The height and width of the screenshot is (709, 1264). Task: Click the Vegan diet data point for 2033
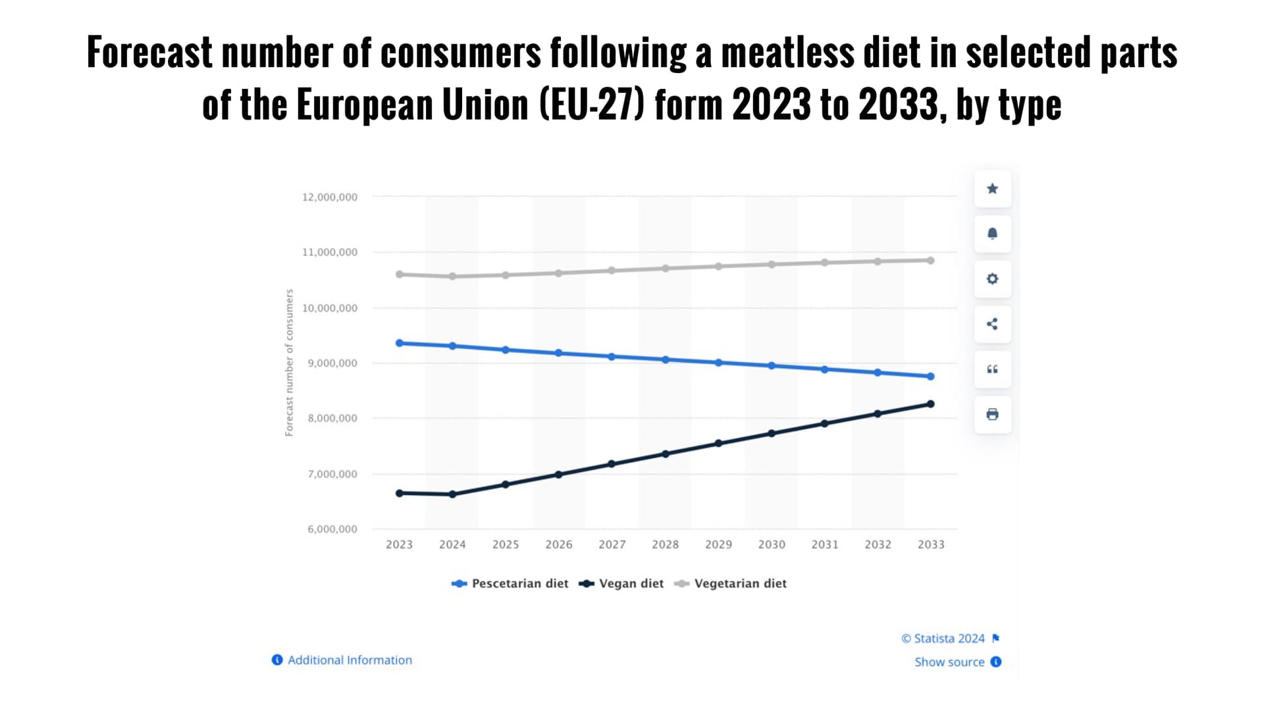pyautogui.click(x=930, y=404)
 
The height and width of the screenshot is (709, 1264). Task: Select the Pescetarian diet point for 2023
pyautogui.click(x=400, y=343)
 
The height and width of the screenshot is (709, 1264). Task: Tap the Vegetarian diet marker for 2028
pyautogui.click(x=666, y=269)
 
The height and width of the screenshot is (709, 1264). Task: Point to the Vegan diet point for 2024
pyautogui.click(x=452, y=494)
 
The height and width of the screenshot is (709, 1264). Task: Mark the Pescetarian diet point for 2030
pyautogui.click(x=772, y=366)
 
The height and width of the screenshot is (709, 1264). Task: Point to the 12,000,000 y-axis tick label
pyautogui.click(x=330, y=197)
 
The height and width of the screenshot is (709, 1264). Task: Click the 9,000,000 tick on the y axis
pyautogui.click(x=332, y=363)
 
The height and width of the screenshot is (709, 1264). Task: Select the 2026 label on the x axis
pyautogui.click(x=559, y=544)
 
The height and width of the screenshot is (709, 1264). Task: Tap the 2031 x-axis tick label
pyautogui.click(x=825, y=544)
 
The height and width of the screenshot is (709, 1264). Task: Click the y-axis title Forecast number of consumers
pyautogui.click(x=289, y=363)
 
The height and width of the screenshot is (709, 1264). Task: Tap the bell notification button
pyautogui.click(x=992, y=234)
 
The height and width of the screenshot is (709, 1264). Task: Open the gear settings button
pyautogui.click(x=992, y=279)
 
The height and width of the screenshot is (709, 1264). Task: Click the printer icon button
pyautogui.click(x=992, y=415)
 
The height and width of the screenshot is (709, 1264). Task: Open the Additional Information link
pyautogui.click(x=350, y=660)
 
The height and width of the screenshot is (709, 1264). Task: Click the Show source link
pyautogui.click(x=949, y=662)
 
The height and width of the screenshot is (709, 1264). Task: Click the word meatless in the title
pyautogui.click(x=787, y=53)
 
